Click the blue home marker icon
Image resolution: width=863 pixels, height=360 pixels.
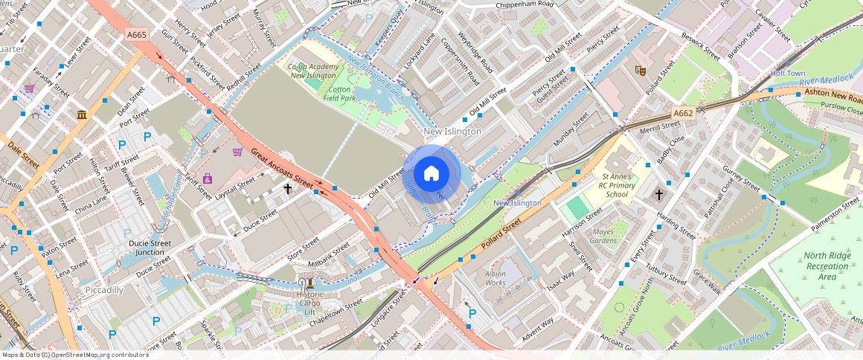[x=431, y=174]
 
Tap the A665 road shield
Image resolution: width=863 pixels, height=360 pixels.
[x=136, y=34]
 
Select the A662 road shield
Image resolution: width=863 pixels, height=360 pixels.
[x=683, y=113]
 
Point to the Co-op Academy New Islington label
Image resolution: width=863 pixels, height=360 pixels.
[x=313, y=71]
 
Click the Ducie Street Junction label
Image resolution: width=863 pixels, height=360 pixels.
[x=150, y=248]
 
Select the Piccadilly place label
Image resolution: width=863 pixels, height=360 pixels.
[x=103, y=289]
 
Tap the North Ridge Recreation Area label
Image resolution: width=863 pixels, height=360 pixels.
[x=826, y=266]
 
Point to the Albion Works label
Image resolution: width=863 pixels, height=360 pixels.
[x=495, y=278]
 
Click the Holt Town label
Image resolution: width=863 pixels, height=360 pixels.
[x=788, y=74]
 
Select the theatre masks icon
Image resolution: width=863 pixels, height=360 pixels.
[x=638, y=71]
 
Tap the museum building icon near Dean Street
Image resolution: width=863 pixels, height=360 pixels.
[x=82, y=115]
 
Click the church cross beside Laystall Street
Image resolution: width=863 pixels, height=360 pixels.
[x=288, y=189]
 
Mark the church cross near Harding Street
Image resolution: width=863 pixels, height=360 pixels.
[x=658, y=195]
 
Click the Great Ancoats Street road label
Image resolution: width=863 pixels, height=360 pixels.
[x=281, y=167]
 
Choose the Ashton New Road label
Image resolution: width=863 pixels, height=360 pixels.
[x=832, y=96]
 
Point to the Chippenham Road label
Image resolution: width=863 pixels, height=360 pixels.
[x=525, y=4]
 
